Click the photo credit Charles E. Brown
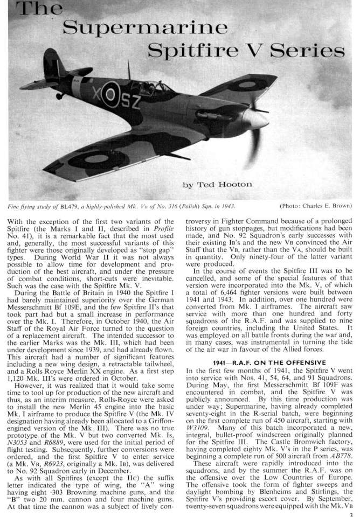pyautogui.click(x=327, y=206)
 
